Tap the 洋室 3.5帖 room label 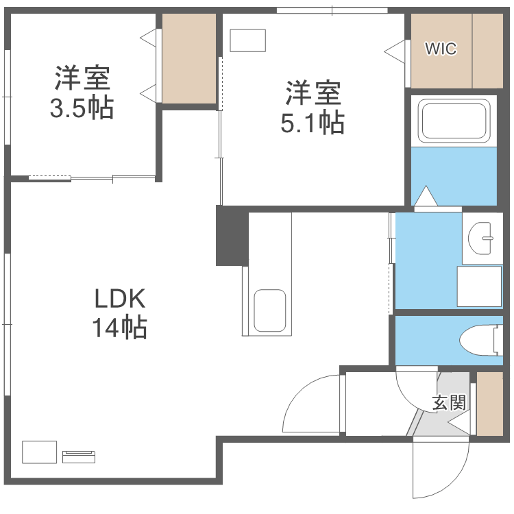pyautogui.click(x=82, y=93)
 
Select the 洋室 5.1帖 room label pyautogui.click(x=312, y=107)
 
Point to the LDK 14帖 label pyautogui.click(x=120, y=313)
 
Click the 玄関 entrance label pyautogui.click(x=449, y=402)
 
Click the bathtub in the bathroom pyautogui.click(x=454, y=121)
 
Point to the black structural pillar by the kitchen pyautogui.click(x=232, y=236)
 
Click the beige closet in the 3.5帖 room pyautogui.click(x=189, y=58)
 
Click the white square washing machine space pyautogui.click(x=480, y=286)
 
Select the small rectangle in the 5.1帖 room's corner pyautogui.click(x=247, y=40)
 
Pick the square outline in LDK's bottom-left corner pyautogui.click(x=40, y=452)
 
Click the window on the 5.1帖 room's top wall pyautogui.click(x=332, y=10)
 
